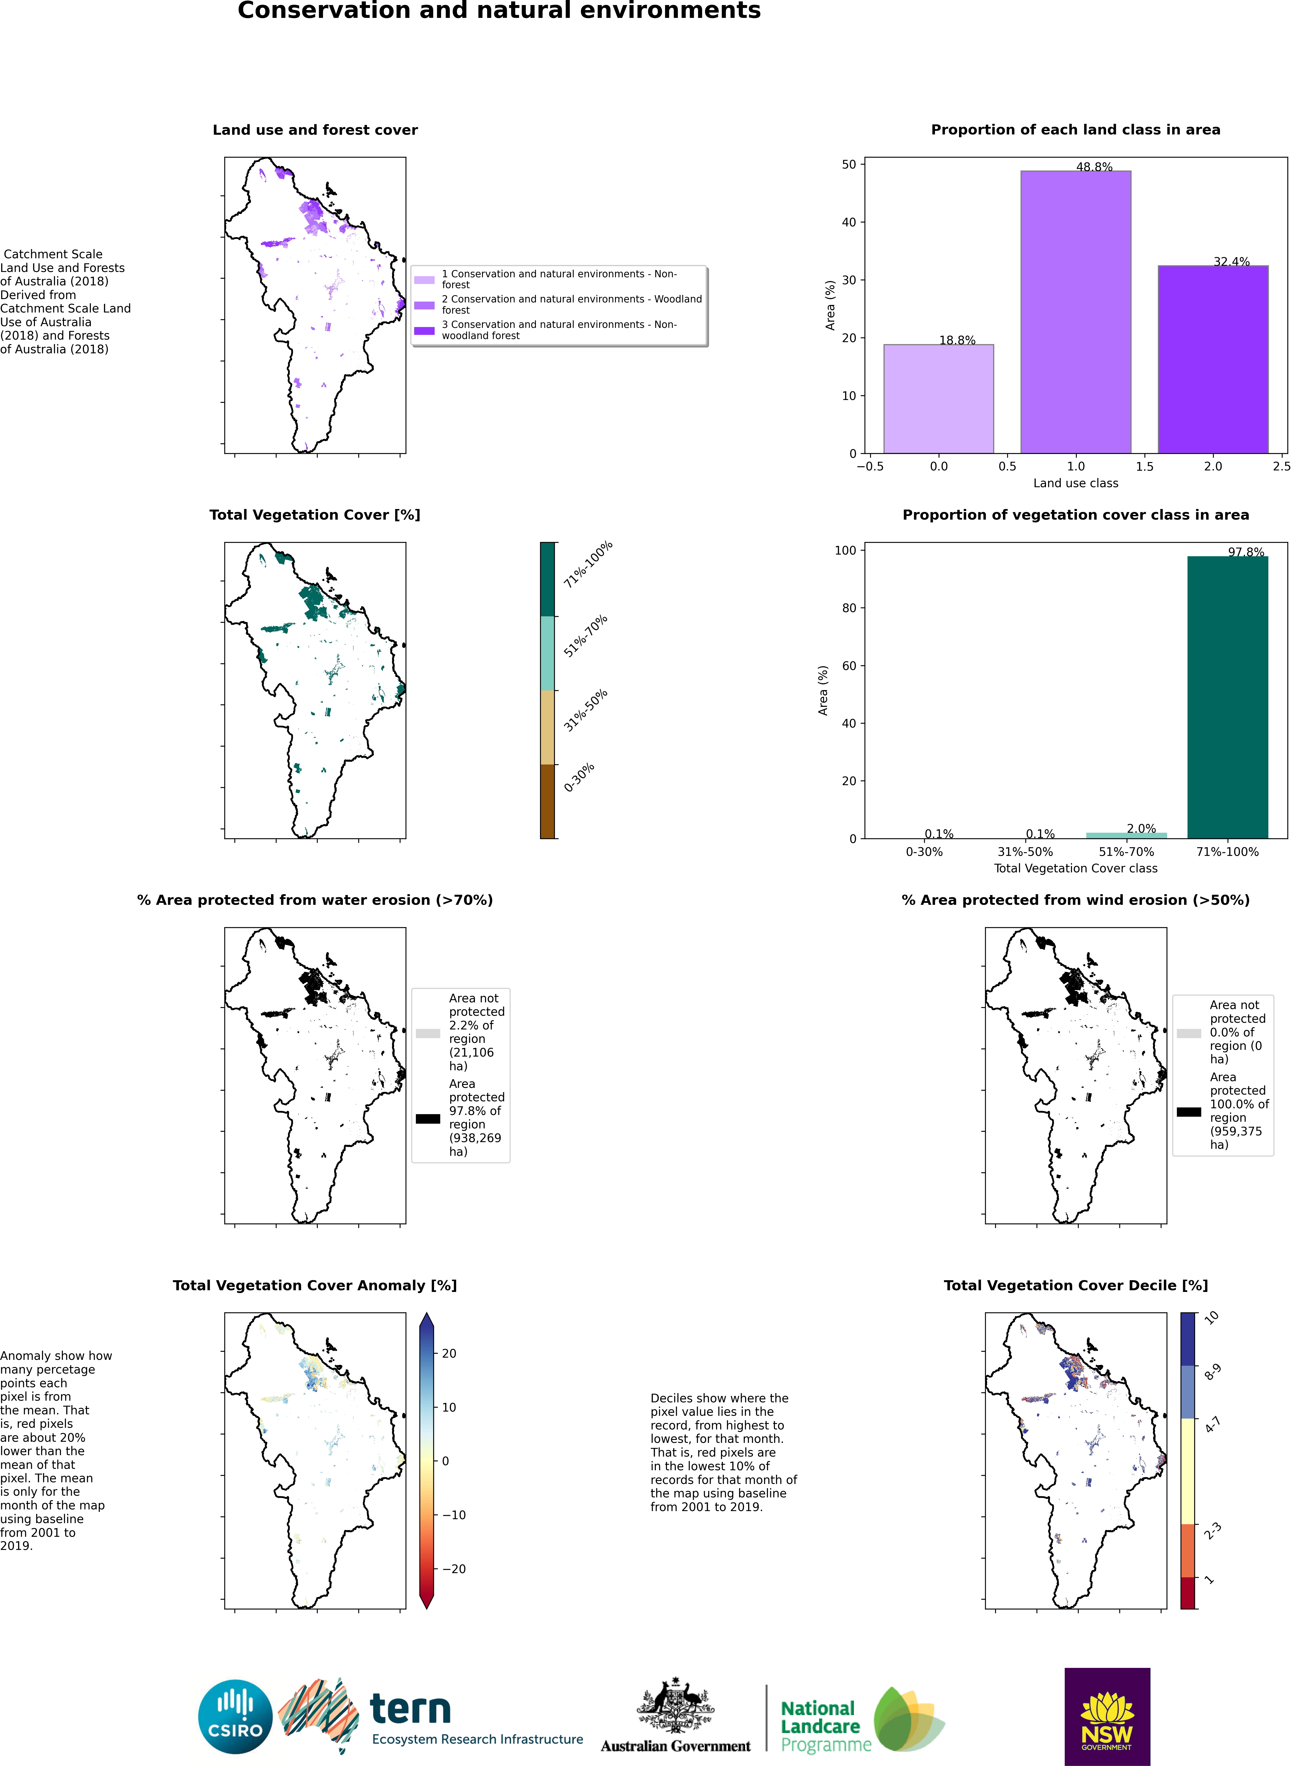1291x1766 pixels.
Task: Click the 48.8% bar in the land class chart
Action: click(x=1075, y=313)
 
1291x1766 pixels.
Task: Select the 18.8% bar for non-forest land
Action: click(x=939, y=398)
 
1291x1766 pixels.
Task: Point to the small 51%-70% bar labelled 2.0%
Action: click(x=1126, y=835)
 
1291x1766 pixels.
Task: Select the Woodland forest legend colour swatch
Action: click(x=424, y=305)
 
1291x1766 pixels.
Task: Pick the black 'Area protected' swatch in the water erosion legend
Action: click(x=427, y=1118)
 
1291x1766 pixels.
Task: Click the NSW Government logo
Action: click(x=1107, y=1716)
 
